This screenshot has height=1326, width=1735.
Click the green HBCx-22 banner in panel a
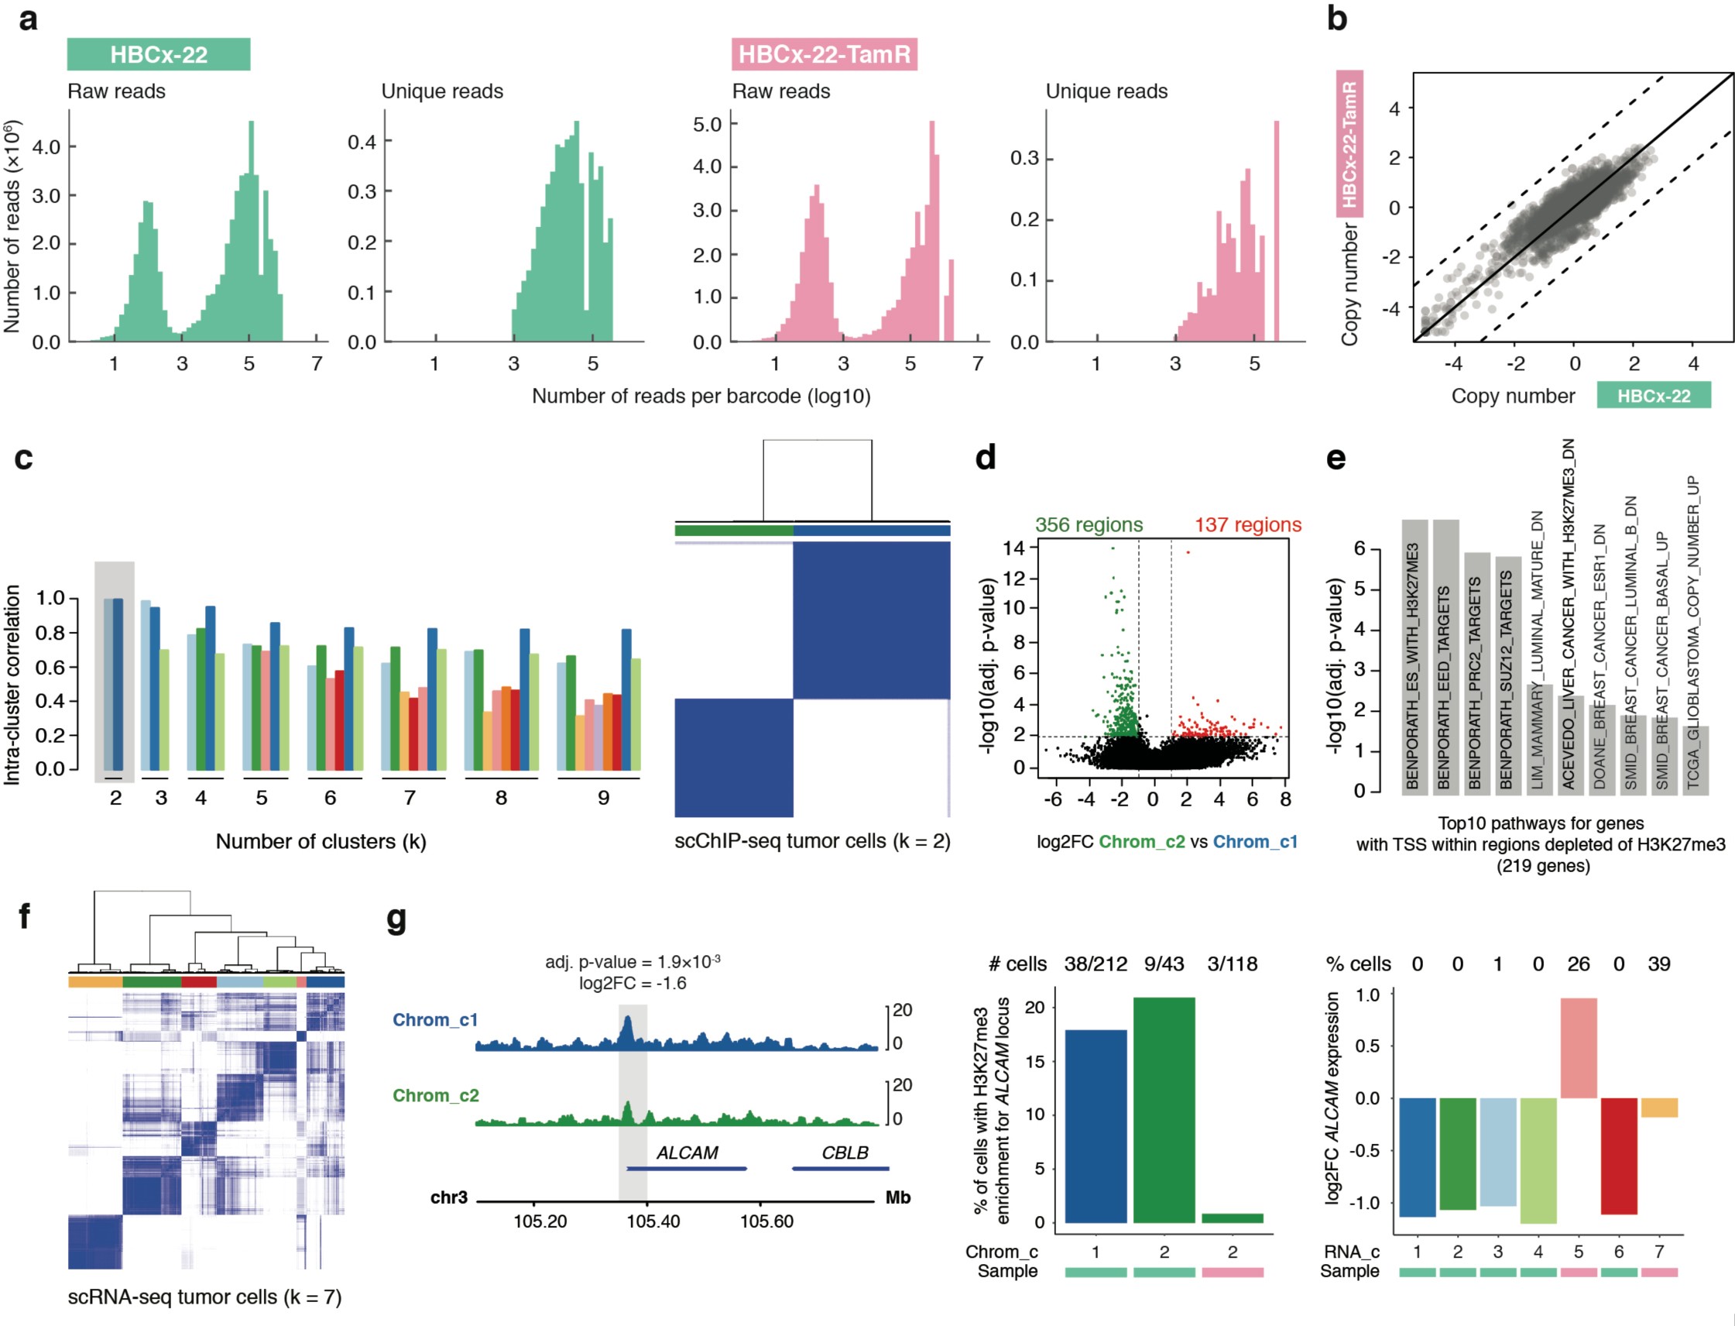(158, 54)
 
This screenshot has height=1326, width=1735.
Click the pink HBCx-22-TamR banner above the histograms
(823, 54)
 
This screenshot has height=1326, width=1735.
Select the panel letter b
(1336, 19)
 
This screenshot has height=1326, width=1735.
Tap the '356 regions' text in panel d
(1088, 525)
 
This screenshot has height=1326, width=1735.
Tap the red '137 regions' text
(1246, 525)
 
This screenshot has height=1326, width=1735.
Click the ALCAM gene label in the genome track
(687, 1153)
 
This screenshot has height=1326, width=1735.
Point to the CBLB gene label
(844, 1153)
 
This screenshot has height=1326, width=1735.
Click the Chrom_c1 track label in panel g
(435, 1021)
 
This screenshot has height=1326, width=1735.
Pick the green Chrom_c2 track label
(435, 1096)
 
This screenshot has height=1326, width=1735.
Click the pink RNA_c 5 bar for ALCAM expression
(1577, 1048)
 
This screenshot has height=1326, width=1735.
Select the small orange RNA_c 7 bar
(1658, 1108)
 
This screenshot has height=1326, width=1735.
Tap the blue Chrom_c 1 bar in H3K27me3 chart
(1096, 1126)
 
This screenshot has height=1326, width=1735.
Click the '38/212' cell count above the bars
(1096, 964)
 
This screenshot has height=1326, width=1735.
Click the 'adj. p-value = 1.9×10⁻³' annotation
(632, 962)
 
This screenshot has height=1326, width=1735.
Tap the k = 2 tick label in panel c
(115, 798)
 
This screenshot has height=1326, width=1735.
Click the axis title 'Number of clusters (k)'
(321, 842)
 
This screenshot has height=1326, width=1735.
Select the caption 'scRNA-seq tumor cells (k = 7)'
(204, 1297)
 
